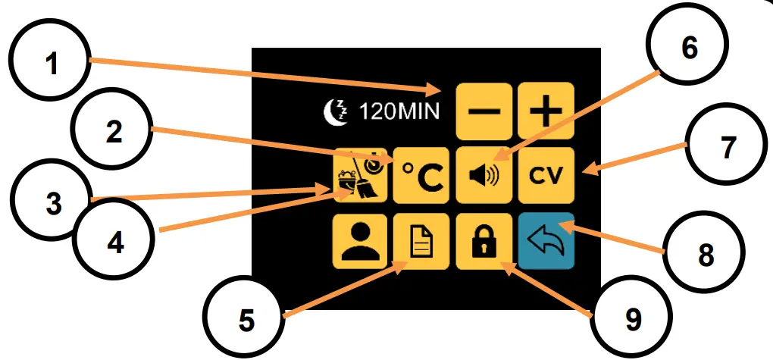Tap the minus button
tap(484, 111)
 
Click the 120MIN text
tap(399, 112)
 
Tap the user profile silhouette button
tap(360, 242)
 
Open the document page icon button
tap(422, 242)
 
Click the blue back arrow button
tap(546, 242)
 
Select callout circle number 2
tap(114, 133)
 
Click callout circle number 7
tap(727, 148)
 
